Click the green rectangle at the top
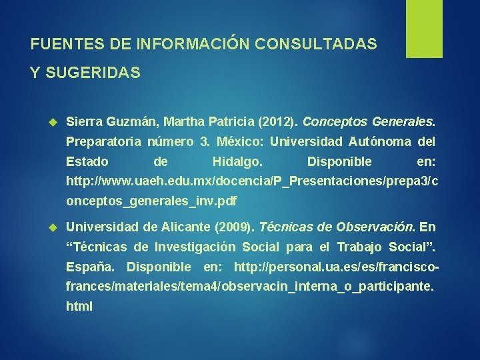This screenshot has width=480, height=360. [406, 28]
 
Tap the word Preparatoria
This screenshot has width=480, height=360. [103, 142]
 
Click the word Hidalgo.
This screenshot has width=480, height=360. [237, 161]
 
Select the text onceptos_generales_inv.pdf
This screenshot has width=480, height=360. [151, 201]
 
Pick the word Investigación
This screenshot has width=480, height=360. [195, 247]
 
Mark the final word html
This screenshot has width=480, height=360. [79, 307]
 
